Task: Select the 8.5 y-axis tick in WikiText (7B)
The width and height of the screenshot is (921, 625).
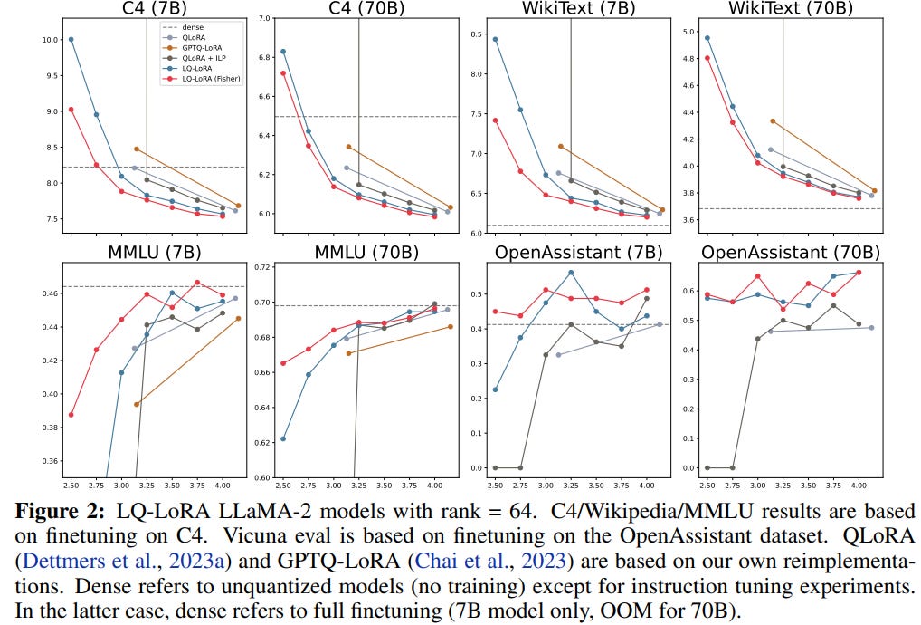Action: [x=471, y=35]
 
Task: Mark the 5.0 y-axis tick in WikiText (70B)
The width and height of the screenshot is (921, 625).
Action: [x=687, y=33]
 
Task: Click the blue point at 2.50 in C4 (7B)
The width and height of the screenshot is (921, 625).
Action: [x=71, y=39]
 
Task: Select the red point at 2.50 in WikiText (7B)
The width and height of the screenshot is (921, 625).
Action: [x=496, y=120]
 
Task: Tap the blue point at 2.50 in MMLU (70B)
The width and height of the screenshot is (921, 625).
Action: [x=283, y=438]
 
